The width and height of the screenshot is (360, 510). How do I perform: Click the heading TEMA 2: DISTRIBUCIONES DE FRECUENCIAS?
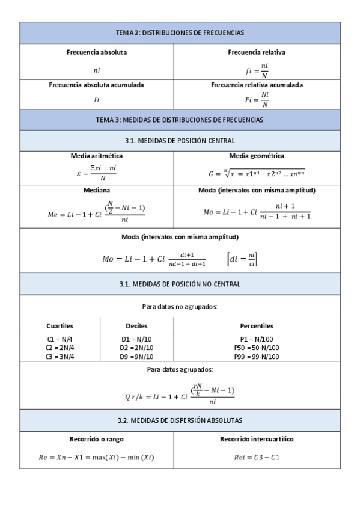(180, 33)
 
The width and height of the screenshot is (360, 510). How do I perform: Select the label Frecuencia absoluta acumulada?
(96, 85)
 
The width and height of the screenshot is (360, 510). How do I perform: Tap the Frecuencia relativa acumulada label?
(257, 85)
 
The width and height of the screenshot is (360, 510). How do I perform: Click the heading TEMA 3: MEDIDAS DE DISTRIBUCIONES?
(180, 120)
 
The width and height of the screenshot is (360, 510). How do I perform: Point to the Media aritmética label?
(96, 156)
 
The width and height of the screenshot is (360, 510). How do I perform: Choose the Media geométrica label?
(257, 156)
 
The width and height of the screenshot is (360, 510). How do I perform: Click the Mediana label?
(96, 190)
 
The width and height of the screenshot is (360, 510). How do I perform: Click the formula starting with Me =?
(96, 210)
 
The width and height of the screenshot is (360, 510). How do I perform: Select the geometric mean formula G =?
(257, 173)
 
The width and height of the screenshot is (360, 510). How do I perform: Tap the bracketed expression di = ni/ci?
(243, 259)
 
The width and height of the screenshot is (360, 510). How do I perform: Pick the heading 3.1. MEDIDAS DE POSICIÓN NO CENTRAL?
(180, 284)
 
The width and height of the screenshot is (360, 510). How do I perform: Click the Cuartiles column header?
(59, 326)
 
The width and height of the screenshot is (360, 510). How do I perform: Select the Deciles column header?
(136, 326)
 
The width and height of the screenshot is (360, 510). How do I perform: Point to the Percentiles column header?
(257, 326)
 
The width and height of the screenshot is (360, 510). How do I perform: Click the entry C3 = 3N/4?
(59, 357)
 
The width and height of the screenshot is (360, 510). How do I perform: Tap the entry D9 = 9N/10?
(136, 357)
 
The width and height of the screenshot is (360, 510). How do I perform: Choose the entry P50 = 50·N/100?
(257, 348)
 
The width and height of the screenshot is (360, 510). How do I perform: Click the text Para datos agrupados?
(180, 370)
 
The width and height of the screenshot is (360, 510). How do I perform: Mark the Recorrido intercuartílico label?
(257, 439)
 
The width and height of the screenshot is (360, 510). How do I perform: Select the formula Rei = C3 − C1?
(257, 457)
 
